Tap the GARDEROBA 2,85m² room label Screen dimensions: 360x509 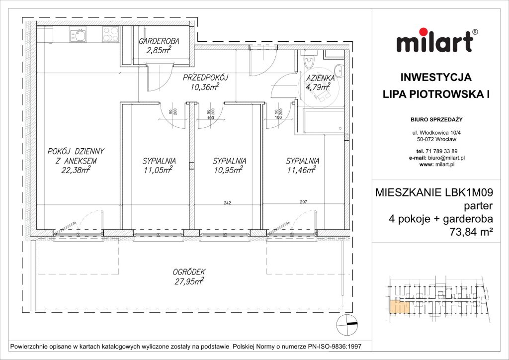[x=159, y=45]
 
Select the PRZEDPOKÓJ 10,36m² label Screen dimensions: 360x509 [x=205, y=83]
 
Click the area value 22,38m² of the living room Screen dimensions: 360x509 [x=76, y=171]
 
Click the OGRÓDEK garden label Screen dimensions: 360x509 [x=189, y=272]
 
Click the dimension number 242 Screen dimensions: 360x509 [x=228, y=202]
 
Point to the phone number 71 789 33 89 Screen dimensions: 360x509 [x=437, y=151]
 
